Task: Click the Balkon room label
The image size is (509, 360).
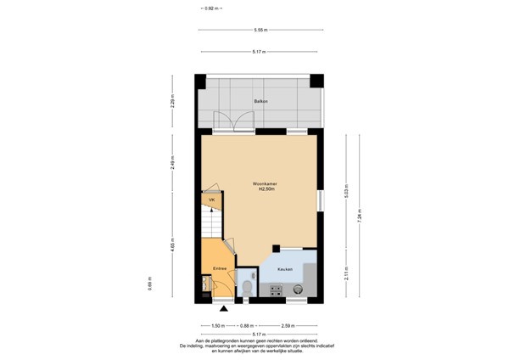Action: pyautogui.click(x=260, y=102)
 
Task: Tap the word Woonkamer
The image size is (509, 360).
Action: pyautogui.click(x=264, y=184)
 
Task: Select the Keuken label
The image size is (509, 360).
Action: pyautogui.click(x=285, y=268)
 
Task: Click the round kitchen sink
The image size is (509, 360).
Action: pyautogui.click(x=297, y=289)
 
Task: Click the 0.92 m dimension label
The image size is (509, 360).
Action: pyautogui.click(x=210, y=8)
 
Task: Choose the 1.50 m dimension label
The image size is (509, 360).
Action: pyautogui.click(x=217, y=325)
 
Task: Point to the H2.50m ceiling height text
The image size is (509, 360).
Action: pyautogui.click(x=264, y=190)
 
